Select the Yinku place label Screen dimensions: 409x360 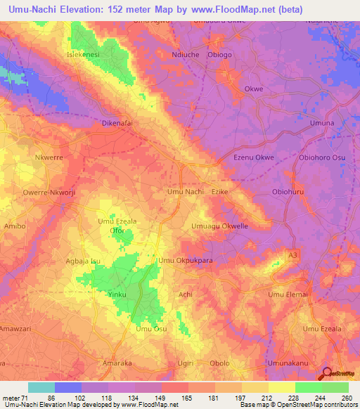(117, 294)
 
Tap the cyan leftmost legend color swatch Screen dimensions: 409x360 (41, 387)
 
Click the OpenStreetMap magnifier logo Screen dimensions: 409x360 (326, 375)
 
